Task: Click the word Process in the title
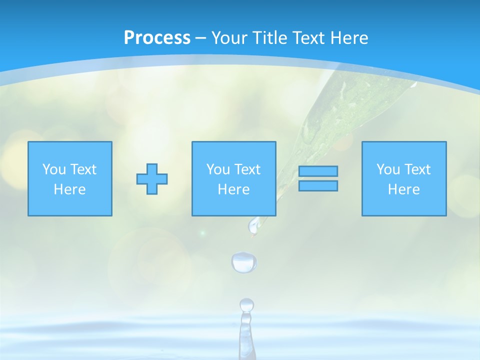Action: point(157,38)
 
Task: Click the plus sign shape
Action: point(152,179)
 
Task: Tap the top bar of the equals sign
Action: point(318,171)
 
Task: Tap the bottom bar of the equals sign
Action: point(318,185)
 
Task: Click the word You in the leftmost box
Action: point(54,169)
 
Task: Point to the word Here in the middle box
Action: point(234,189)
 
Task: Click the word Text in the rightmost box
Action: point(417,169)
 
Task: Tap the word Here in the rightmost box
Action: point(404,189)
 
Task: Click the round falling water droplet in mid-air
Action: point(244,262)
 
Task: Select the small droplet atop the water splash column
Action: point(246,304)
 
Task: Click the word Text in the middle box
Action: point(247,169)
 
